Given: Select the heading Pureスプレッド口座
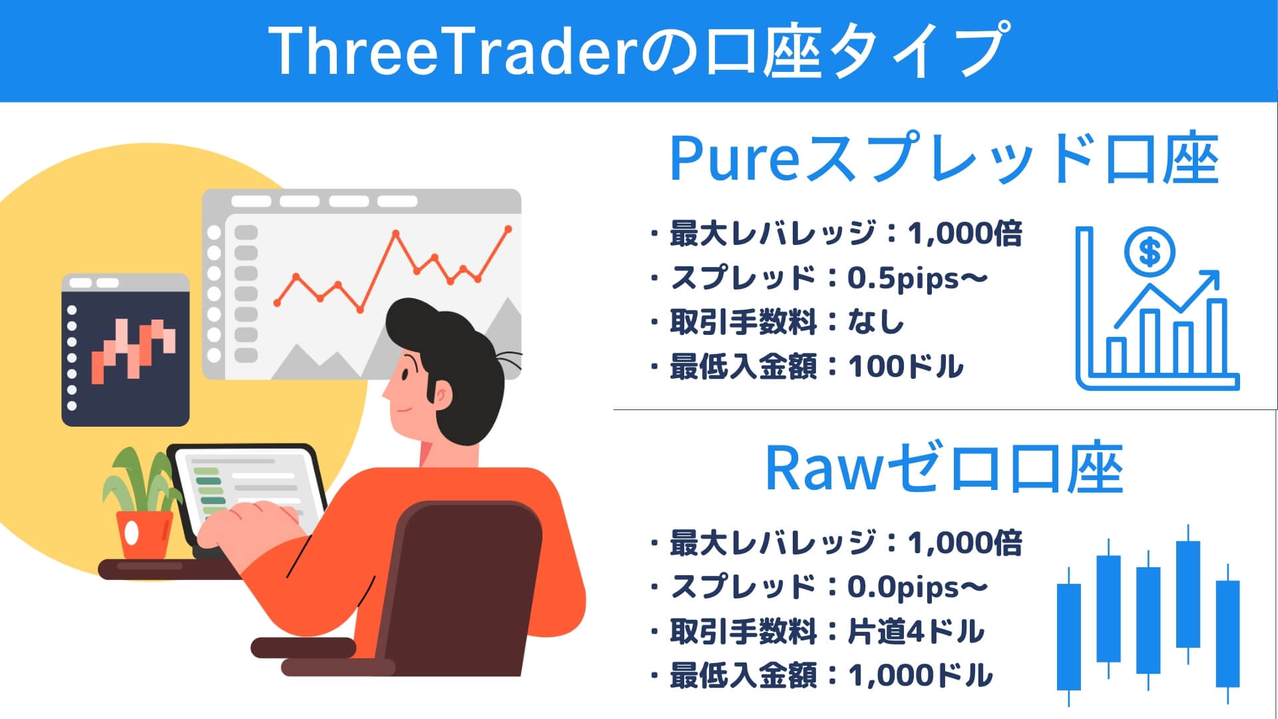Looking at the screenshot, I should click(x=944, y=160).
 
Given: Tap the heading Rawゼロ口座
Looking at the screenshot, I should click(x=944, y=469).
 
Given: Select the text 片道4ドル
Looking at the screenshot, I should click(x=915, y=632).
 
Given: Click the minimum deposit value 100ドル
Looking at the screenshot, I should click(x=905, y=367).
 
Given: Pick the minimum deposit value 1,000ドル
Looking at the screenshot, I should click(x=920, y=676).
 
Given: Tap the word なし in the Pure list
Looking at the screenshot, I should click(x=875, y=323).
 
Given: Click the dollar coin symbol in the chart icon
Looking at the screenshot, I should click(x=1150, y=252).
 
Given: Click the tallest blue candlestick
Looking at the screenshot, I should click(x=1187, y=593).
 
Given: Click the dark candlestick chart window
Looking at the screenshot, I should click(x=125, y=350).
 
